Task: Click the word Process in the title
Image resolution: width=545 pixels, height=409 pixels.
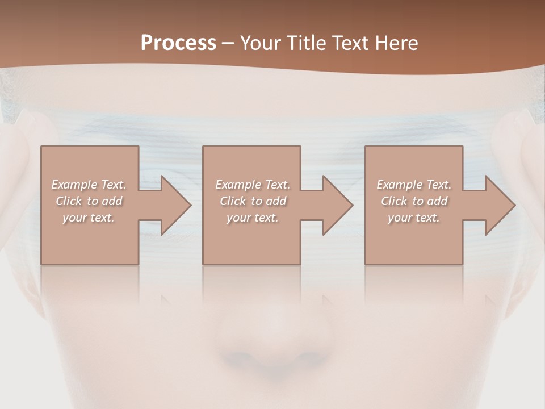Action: (x=178, y=43)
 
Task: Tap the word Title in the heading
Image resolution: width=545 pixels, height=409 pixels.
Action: (x=307, y=43)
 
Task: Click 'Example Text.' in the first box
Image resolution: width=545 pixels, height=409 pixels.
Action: (x=89, y=185)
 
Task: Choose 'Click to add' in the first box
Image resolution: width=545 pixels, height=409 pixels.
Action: (x=89, y=201)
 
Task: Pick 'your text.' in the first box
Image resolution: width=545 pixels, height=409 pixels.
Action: (x=89, y=218)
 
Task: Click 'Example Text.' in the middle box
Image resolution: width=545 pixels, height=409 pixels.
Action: (x=253, y=185)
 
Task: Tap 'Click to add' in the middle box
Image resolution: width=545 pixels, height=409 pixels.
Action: (x=253, y=201)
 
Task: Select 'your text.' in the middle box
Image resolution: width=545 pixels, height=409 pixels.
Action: (x=253, y=218)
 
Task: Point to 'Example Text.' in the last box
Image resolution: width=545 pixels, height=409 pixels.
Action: (x=414, y=185)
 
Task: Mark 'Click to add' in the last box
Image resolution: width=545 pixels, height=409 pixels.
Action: (x=414, y=201)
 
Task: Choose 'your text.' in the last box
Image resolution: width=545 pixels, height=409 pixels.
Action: (x=414, y=218)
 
